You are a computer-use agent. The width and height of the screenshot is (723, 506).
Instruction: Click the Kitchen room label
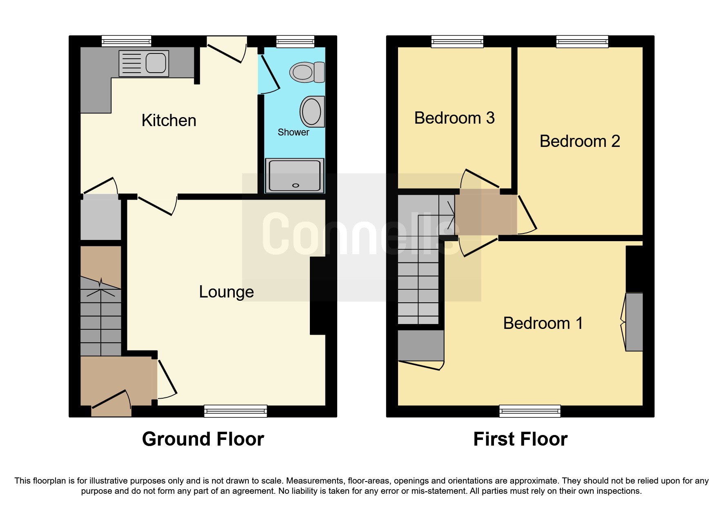[x=169, y=120]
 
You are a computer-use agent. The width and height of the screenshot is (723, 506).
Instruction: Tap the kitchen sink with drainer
[x=144, y=64]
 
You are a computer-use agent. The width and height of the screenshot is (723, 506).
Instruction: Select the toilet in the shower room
[x=307, y=72]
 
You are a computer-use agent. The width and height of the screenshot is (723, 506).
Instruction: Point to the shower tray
[x=294, y=175]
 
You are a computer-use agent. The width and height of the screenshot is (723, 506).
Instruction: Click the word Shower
[x=293, y=132]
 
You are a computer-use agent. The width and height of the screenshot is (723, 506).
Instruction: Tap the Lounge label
[x=226, y=292]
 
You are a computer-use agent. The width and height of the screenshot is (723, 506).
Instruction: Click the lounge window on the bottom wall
[x=236, y=411]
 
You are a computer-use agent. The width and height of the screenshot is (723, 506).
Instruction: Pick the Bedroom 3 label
[x=454, y=118]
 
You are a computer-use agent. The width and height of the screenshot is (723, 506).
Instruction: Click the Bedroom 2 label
[x=579, y=141]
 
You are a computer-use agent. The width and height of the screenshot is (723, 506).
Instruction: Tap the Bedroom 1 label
[x=543, y=323]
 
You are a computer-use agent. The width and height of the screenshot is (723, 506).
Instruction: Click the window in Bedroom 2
[x=582, y=41]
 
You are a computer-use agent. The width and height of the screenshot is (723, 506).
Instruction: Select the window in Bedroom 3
[x=457, y=41]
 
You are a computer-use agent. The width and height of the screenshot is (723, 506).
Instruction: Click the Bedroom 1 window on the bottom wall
[x=529, y=411]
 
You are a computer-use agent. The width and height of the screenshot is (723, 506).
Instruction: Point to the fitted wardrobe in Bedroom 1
[x=634, y=322]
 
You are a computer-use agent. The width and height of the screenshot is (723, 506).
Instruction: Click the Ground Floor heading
[x=203, y=439]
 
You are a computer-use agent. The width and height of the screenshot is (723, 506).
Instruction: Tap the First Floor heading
[x=520, y=439]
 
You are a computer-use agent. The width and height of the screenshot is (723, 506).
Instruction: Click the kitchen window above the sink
[x=126, y=41]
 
